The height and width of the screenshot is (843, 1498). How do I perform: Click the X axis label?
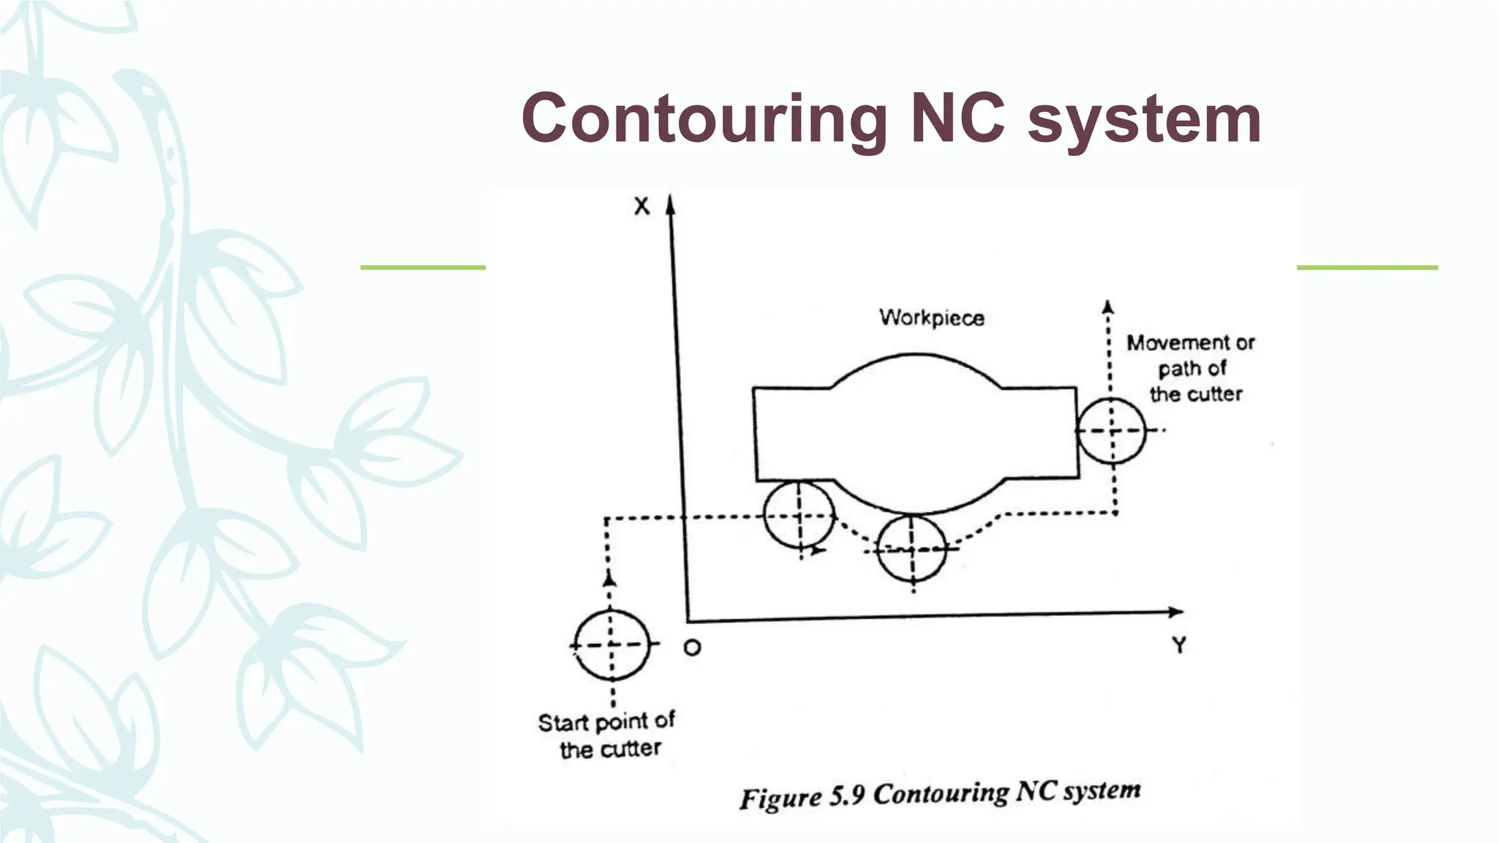(x=641, y=206)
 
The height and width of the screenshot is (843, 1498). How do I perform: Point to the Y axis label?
(x=1178, y=645)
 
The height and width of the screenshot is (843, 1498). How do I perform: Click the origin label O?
(x=692, y=648)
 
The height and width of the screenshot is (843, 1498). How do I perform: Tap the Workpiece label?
(x=931, y=318)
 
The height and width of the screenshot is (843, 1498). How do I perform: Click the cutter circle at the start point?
(x=611, y=645)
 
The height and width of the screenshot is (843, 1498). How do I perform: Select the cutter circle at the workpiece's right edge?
(x=1112, y=431)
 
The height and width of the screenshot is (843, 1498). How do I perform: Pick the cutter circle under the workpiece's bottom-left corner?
(x=799, y=515)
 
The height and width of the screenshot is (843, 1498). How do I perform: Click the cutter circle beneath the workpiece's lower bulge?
(x=911, y=548)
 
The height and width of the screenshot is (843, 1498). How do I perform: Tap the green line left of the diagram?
(x=423, y=268)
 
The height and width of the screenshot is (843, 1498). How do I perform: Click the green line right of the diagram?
(x=1367, y=268)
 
